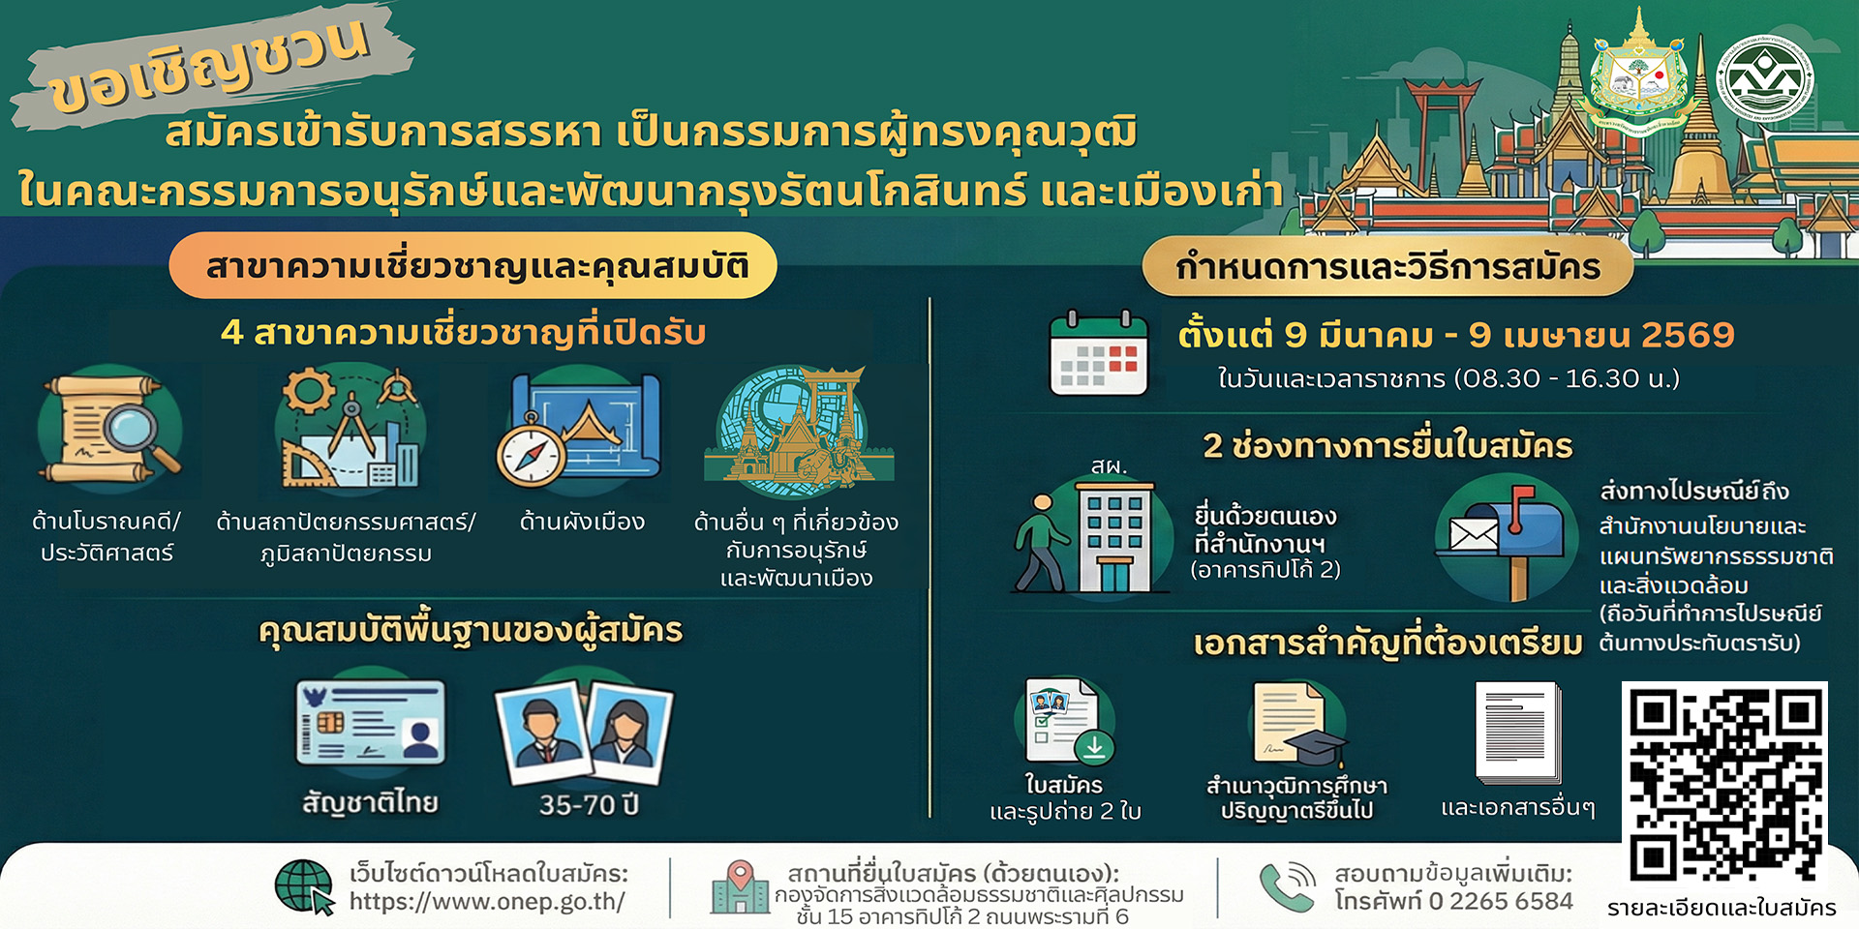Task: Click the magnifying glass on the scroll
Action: pos(136,430)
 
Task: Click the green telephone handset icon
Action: pos(1286,887)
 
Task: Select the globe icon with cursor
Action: pos(304,886)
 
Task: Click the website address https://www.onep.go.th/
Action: pos(487,902)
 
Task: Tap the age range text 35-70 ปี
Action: pos(589,805)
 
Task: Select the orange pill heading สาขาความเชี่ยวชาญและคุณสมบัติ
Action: pos(474,266)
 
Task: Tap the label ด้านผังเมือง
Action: pos(582,523)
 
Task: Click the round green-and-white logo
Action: pos(1765,77)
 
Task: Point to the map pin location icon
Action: pos(741,877)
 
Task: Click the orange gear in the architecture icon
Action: pos(308,391)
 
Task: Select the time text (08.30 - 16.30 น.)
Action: pos(1567,378)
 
